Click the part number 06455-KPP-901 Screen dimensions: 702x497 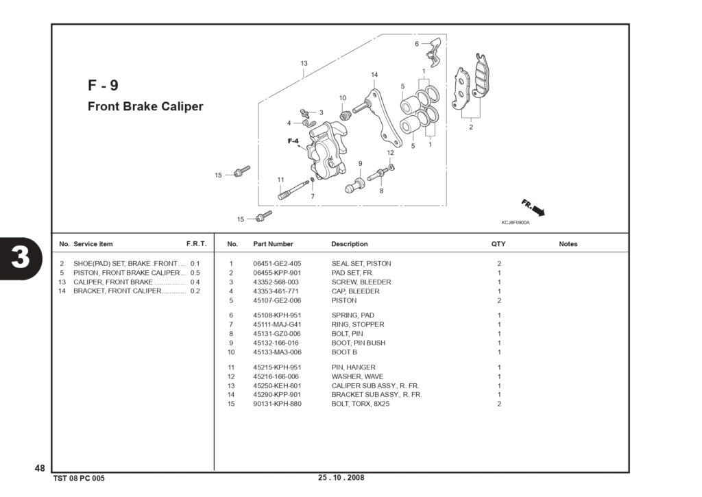coord(277,273)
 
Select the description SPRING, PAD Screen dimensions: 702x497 coord(353,315)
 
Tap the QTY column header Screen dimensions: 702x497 coord(498,244)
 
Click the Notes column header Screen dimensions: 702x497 coord(568,244)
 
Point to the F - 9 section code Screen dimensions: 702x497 coord(103,85)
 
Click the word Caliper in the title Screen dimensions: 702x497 coord(182,106)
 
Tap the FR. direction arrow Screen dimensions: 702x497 coord(533,208)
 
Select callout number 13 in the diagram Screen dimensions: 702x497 coord(304,64)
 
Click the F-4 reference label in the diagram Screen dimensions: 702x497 coord(293,141)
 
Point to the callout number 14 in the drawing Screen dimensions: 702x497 coord(374,75)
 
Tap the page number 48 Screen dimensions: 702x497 coord(40,468)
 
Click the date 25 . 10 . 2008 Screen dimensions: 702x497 coord(341,477)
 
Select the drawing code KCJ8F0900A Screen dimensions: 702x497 coord(516,223)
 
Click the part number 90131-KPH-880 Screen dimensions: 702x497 coord(277,404)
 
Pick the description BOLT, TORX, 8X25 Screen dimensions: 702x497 coord(361,404)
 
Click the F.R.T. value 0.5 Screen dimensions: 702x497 coord(195,273)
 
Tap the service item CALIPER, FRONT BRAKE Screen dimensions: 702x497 coord(113,282)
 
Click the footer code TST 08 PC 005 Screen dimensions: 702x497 coord(79,478)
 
